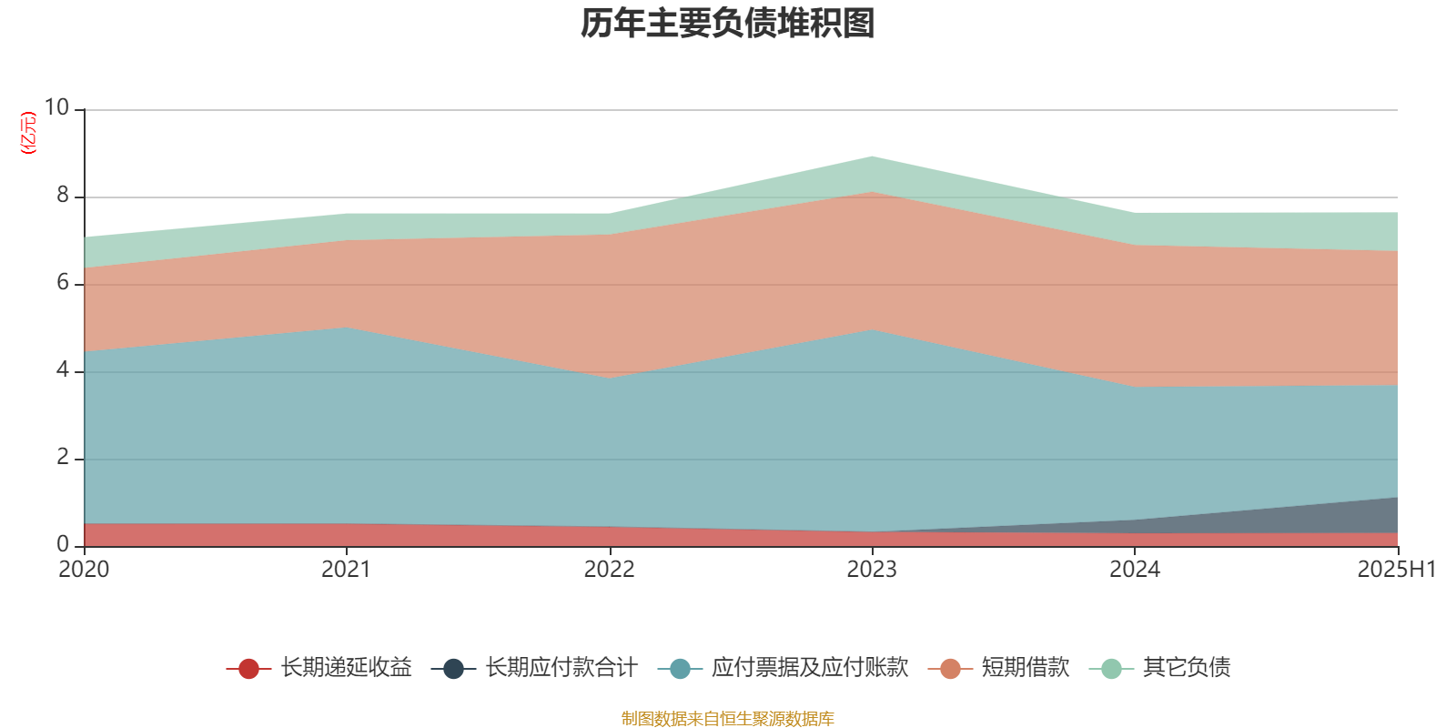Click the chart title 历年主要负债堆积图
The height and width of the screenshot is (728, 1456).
click(x=728, y=24)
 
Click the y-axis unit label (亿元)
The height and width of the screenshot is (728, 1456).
click(x=28, y=133)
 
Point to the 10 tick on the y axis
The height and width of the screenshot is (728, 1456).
click(x=56, y=107)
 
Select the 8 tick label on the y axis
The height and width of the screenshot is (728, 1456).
click(x=63, y=195)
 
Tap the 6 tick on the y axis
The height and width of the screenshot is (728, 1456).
click(x=63, y=282)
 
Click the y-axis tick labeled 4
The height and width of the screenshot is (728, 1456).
click(x=63, y=369)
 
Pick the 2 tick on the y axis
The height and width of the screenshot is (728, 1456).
click(x=63, y=457)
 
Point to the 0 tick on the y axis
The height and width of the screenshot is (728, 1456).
click(x=63, y=544)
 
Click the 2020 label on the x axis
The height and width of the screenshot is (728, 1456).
click(x=84, y=570)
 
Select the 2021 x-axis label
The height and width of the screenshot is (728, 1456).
click(x=346, y=570)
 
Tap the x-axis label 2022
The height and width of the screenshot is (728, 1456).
click(x=609, y=570)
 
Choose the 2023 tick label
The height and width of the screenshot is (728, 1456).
click(x=872, y=570)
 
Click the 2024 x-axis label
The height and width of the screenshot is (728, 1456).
click(x=1135, y=570)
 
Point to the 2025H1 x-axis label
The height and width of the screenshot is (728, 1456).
click(x=1396, y=570)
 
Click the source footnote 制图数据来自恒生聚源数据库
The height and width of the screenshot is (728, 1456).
click(x=728, y=719)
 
